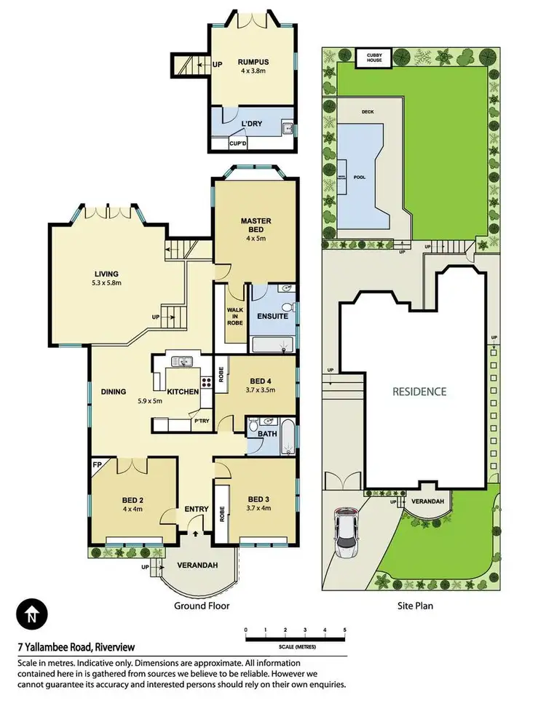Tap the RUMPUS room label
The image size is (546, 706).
253,62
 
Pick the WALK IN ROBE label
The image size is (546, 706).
234,319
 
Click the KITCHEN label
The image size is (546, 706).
183,392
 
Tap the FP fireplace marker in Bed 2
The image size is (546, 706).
97,463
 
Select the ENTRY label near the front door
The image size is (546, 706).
197,509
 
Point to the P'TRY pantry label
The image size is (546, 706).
201,421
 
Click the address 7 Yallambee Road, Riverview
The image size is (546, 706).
76,646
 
